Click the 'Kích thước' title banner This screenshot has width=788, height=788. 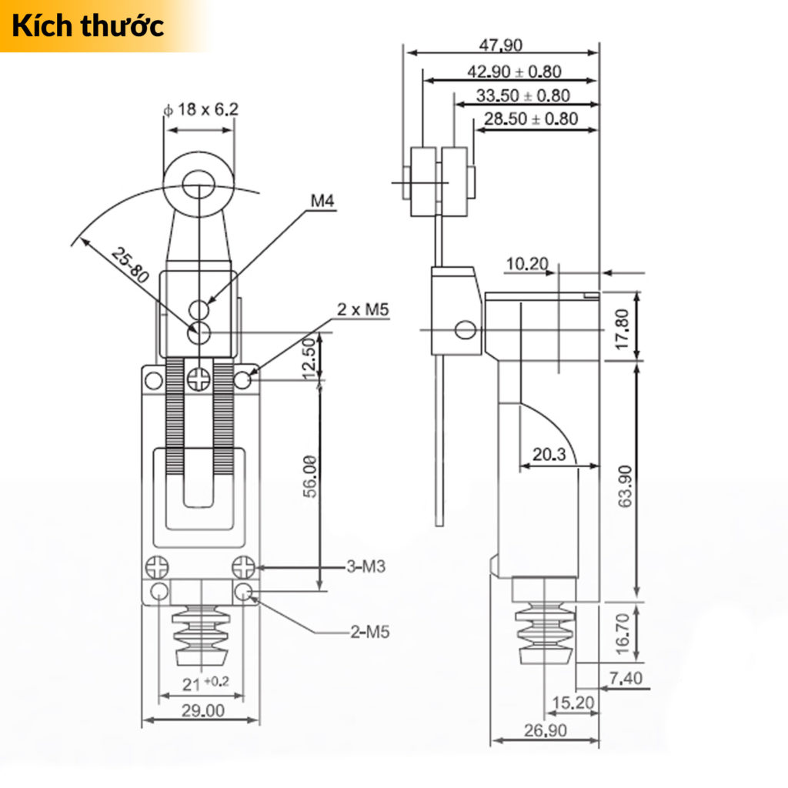(88, 25)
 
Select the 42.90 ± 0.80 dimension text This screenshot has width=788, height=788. (515, 72)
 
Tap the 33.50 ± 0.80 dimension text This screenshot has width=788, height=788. (523, 95)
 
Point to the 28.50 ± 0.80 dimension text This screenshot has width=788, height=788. (531, 119)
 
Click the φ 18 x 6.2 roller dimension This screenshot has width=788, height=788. (201, 109)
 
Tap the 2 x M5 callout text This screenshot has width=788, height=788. (363, 310)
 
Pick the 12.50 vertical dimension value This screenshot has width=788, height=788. (309, 359)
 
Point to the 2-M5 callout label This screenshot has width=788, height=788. (370, 633)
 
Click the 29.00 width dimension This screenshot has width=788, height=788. (201, 710)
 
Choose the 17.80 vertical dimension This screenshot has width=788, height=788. (623, 328)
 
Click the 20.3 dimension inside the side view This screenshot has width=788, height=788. (549, 455)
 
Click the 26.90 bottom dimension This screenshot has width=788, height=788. (545, 730)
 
